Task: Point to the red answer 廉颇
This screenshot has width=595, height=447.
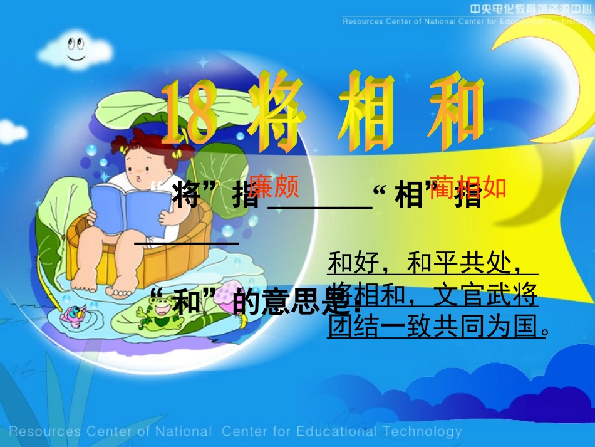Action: point(273,186)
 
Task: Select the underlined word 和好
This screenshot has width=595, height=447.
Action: point(354,263)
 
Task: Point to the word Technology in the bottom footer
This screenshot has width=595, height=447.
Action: point(420,431)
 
